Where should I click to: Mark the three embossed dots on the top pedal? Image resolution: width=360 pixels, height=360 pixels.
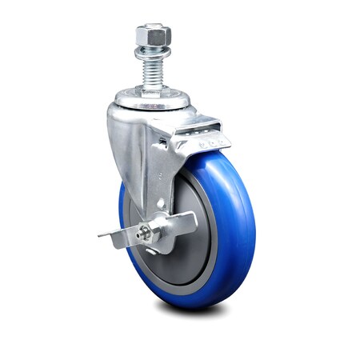tap(211, 143)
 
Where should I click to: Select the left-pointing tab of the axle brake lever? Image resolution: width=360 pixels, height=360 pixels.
tap(112, 234)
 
